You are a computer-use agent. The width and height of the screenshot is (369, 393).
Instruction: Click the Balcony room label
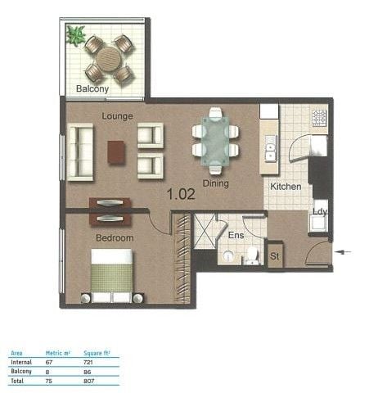tap(92, 88)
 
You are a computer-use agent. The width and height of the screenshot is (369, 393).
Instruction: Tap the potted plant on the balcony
tap(75, 35)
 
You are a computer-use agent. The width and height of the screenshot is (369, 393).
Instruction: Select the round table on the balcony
tap(109, 59)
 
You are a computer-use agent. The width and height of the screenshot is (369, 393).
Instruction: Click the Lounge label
tap(117, 116)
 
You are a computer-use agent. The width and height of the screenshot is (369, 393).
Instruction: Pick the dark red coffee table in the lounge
tap(116, 152)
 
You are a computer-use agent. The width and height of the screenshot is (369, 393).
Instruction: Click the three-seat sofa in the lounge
tap(80, 152)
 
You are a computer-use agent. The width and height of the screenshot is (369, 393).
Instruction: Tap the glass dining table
tap(215, 141)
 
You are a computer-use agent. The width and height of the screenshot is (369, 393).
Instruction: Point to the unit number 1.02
tap(181, 194)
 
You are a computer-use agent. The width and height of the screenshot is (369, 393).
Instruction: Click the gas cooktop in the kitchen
tap(319, 118)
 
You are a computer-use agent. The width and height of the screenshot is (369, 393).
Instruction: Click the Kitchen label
tap(286, 187)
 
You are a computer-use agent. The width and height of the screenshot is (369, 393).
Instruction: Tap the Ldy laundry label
tap(320, 211)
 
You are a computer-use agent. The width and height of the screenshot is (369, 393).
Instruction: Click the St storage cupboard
tap(275, 255)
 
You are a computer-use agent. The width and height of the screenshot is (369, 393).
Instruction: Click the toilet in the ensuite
tap(252, 255)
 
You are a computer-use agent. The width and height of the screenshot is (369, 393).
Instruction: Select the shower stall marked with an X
tap(205, 231)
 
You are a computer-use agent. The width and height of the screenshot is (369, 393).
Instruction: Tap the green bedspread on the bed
tap(112, 278)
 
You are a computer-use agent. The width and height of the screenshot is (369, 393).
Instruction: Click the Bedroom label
tap(115, 238)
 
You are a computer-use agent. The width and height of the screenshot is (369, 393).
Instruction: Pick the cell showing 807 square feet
tap(89, 381)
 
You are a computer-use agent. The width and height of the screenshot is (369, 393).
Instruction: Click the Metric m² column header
tap(58, 353)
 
